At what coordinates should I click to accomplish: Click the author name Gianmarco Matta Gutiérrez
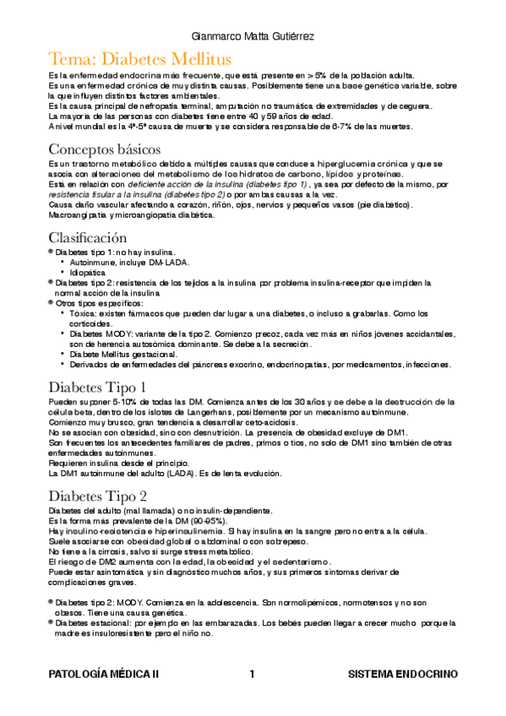pyautogui.click(x=253, y=37)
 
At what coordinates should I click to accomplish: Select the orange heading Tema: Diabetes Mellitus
pyautogui.click(x=140, y=59)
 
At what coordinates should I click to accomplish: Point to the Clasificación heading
pyautogui.click(x=88, y=237)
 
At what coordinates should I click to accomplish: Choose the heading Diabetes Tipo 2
pyautogui.click(x=99, y=496)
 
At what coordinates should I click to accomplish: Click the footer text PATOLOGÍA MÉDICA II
pyautogui.click(x=104, y=675)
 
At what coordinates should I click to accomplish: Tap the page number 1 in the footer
pyautogui.click(x=252, y=675)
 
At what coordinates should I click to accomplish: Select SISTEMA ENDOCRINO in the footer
pyautogui.click(x=403, y=675)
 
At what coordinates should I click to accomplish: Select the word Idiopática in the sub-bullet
pyautogui.click(x=91, y=273)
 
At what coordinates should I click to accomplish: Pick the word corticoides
pyautogui.click(x=93, y=323)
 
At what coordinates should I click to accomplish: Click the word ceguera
pyautogui.click(x=416, y=106)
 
